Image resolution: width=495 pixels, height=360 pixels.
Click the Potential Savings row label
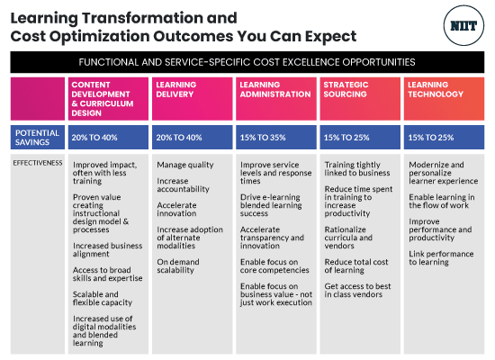point(37,137)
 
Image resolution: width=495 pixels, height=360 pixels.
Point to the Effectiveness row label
point(39,164)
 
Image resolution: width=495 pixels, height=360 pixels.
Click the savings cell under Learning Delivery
point(180,137)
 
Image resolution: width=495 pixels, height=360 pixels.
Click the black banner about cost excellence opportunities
point(247,62)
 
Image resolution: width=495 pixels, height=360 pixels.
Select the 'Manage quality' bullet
point(185,165)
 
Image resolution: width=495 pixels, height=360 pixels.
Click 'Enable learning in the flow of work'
point(441,201)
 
